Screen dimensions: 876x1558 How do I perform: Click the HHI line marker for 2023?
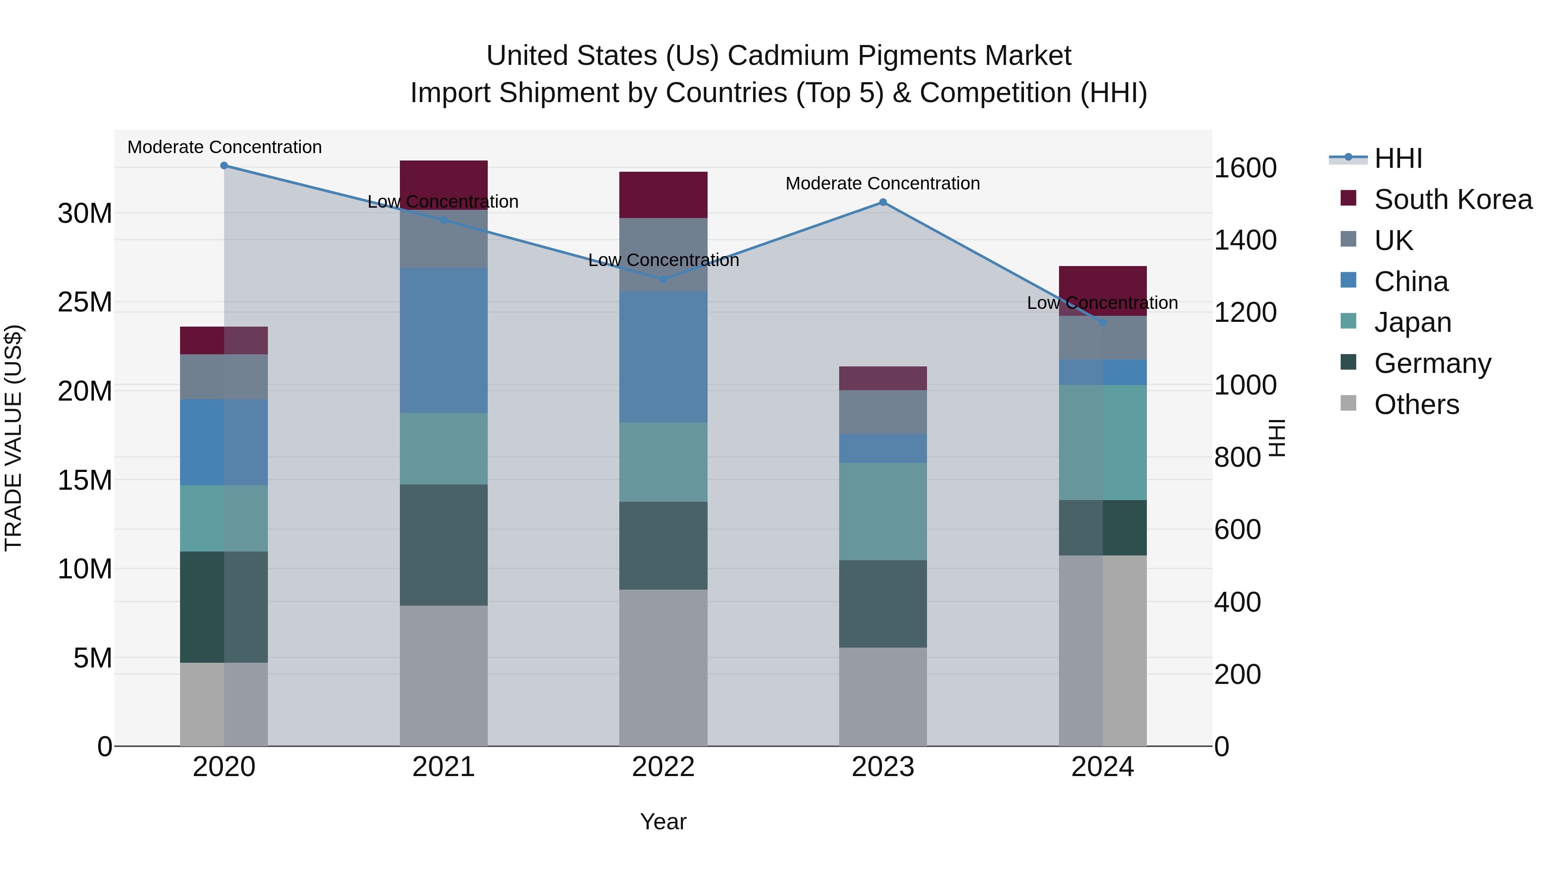tap(882, 202)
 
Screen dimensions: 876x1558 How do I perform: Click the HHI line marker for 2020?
tap(224, 165)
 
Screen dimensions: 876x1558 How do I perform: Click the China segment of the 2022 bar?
tap(663, 357)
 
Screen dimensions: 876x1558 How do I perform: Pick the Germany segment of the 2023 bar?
tap(882, 603)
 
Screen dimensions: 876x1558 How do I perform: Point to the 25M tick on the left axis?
tap(85, 302)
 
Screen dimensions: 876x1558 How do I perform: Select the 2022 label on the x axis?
tap(663, 767)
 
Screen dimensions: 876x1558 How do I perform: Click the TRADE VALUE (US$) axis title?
tap(13, 438)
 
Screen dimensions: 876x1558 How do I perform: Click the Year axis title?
tap(663, 821)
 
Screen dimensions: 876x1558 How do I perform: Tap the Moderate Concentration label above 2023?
tap(882, 183)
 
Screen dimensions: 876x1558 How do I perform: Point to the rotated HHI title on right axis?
tap(1276, 438)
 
